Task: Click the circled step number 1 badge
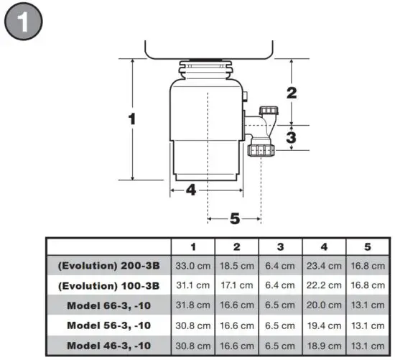tap(24, 24)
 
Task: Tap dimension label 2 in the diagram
tap(291, 92)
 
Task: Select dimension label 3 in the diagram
tap(291, 137)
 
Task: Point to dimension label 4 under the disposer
tap(191, 190)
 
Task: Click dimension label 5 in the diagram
tap(234, 218)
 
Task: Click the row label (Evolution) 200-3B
tap(109, 265)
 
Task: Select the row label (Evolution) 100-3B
tap(109, 285)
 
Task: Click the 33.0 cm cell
tap(192, 265)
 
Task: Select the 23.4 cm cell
tap(324, 265)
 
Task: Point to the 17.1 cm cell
tap(236, 285)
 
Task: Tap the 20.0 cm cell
tap(324, 305)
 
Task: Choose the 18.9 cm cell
tap(324, 344)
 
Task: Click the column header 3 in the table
tap(280, 246)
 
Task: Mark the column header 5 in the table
tap(368, 246)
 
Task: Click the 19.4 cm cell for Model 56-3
tap(324, 325)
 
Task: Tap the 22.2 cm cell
tap(324, 285)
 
